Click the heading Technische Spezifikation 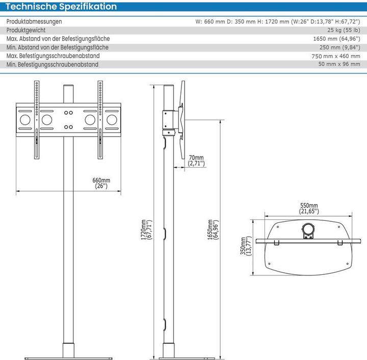point(61,7)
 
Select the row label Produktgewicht point(26,30)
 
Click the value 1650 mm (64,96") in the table point(336,39)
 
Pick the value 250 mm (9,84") point(338,47)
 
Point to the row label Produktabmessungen point(34,21)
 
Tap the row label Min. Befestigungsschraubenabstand point(53,65)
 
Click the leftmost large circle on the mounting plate point(24,121)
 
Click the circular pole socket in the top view point(308,228)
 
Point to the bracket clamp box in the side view point(169,119)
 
